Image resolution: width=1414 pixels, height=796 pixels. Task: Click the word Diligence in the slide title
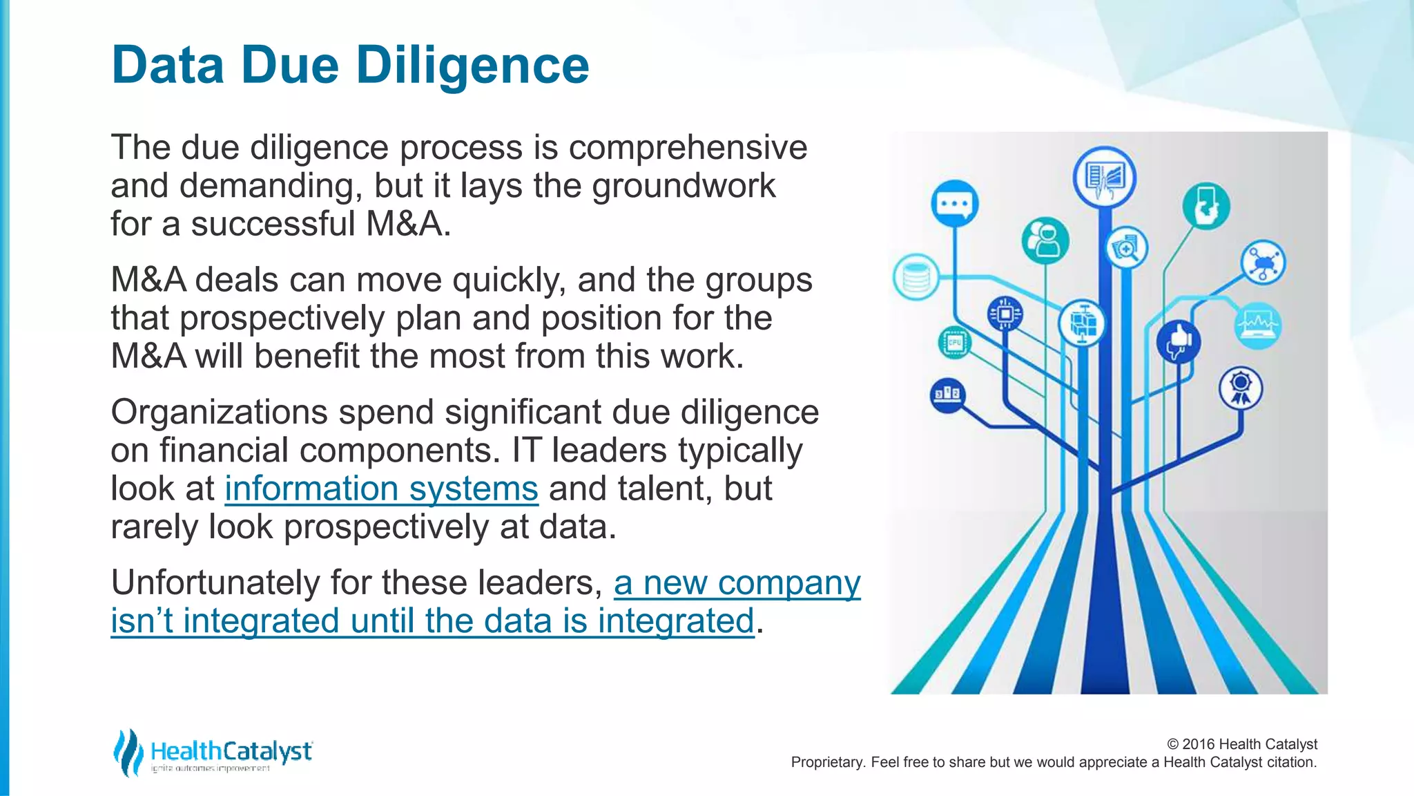[472, 65]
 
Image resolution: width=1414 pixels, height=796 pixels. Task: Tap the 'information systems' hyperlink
[381, 489]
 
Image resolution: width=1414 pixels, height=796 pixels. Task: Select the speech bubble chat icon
[954, 204]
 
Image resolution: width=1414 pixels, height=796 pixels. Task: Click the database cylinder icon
[916, 277]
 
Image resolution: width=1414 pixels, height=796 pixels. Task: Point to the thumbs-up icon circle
[1178, 341]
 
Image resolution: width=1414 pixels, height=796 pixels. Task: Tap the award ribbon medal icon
[1240, 388]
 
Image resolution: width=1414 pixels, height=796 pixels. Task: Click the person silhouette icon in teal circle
[1045, 240]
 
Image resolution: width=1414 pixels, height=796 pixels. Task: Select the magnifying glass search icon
[1127, 248]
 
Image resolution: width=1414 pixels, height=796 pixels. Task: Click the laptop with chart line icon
[1258, 325]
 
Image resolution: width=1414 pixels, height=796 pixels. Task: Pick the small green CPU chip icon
[955, 342]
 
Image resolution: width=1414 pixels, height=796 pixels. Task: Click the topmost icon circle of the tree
[1104, 177]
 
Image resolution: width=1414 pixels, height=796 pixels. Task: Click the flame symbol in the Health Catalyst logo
[127, 752]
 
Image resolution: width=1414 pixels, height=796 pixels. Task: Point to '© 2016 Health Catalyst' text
[1241, 744]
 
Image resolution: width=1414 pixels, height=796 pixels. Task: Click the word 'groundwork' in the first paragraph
[684, 186]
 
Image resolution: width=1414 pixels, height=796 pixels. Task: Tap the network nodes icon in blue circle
[1263, 263]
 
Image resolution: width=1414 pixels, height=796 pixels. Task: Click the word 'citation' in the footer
[1290, 762]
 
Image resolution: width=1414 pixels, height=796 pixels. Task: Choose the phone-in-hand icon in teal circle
[1205, 206]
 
